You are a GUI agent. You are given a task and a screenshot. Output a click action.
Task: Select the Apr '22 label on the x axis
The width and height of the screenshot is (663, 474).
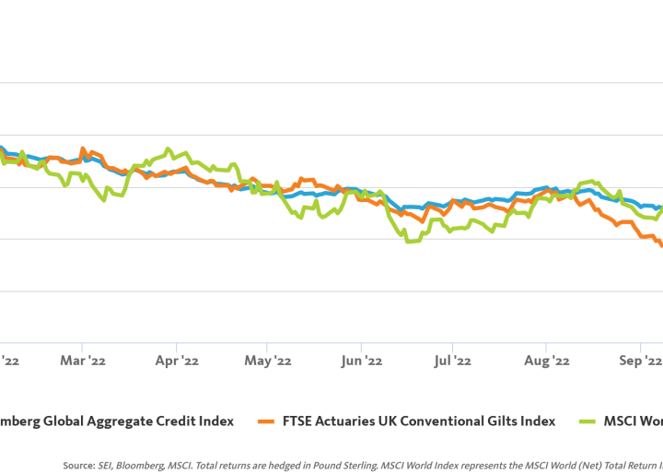[177, 361]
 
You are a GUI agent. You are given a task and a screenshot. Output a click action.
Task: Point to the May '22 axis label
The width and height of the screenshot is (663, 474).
[269, 361]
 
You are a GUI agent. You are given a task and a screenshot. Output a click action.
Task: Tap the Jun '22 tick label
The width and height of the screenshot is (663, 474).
[361, 361]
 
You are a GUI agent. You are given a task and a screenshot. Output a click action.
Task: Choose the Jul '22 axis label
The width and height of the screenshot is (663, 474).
[453, 361]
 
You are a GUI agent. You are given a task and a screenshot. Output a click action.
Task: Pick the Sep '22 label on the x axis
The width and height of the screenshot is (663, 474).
[640, 361]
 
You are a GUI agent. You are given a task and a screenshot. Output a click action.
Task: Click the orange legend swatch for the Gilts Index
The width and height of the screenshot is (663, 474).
[267, 421]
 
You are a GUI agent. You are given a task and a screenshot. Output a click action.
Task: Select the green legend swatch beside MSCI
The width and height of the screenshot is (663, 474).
[585, 421]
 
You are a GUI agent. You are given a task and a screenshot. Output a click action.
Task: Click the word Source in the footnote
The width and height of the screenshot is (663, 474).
[77, 467]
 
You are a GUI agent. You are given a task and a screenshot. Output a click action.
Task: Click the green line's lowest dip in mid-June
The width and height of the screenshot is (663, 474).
[407, 242]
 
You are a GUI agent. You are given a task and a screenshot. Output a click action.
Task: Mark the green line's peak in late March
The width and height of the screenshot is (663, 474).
[168, 148]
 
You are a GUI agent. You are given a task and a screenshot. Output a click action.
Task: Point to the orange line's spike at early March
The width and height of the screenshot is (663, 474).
[83, 148]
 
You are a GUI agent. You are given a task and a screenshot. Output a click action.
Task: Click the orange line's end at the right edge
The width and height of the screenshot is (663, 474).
[660, 244]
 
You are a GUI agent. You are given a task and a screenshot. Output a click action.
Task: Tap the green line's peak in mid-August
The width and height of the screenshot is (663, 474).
[589, 182]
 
